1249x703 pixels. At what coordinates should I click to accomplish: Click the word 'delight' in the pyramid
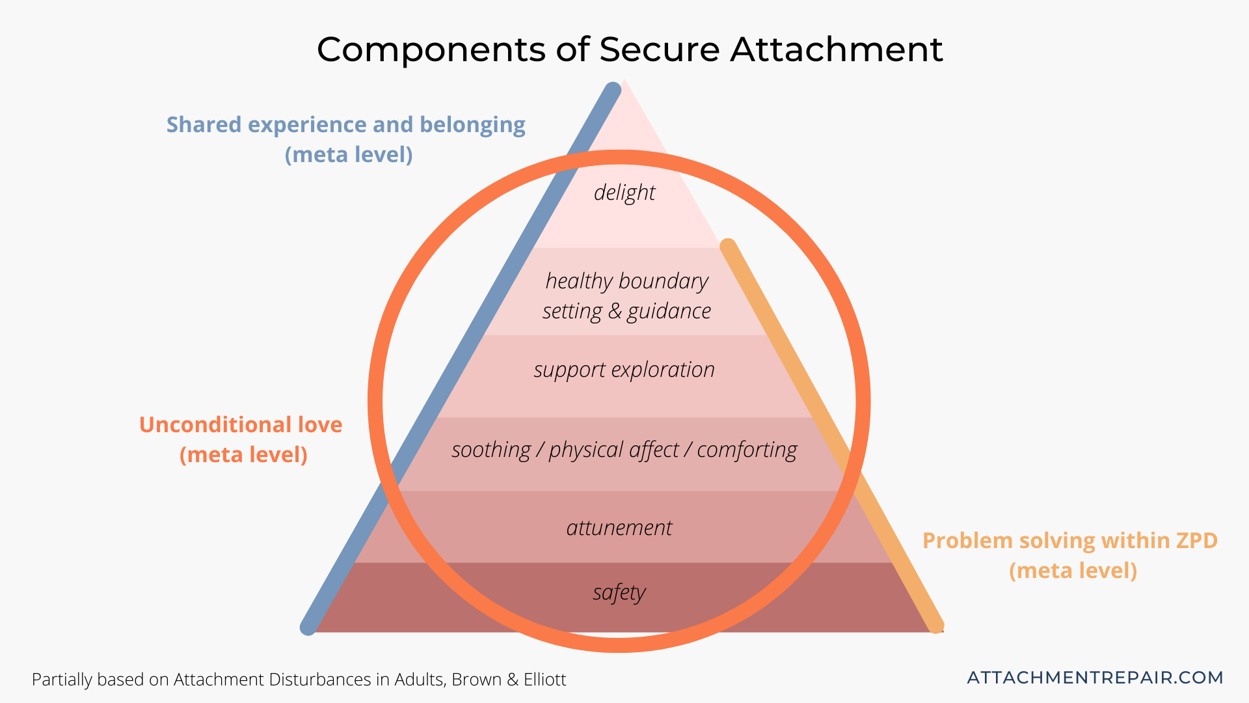pos(624,193)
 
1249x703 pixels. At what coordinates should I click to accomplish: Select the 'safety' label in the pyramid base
pos(619,593)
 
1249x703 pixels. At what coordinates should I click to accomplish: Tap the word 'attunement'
pos(619,528)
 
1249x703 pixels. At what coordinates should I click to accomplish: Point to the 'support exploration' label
pos(624,370)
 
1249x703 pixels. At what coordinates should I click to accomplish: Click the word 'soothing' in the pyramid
pos(491,450)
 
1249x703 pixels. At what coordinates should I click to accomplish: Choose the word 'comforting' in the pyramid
pos(747,450)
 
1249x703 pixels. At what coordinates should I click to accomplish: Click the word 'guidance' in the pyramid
pos(669,312)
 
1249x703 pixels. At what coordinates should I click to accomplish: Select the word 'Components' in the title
pos(431,49)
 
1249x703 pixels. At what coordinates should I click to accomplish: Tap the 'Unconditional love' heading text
pos(241,424)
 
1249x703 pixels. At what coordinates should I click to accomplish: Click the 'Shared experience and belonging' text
pos(345,124)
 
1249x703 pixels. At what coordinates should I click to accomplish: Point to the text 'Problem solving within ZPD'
pos(1070,540)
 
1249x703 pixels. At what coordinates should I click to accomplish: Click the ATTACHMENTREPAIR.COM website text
pos(1095,678)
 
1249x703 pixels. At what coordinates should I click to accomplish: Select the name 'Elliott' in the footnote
pos(544,680)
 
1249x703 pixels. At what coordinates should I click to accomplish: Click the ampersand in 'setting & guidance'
pos(615,312)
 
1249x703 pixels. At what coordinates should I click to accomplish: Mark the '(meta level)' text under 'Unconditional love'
pos(243,454)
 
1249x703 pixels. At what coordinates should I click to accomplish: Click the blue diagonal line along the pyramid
pos(455,365)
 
